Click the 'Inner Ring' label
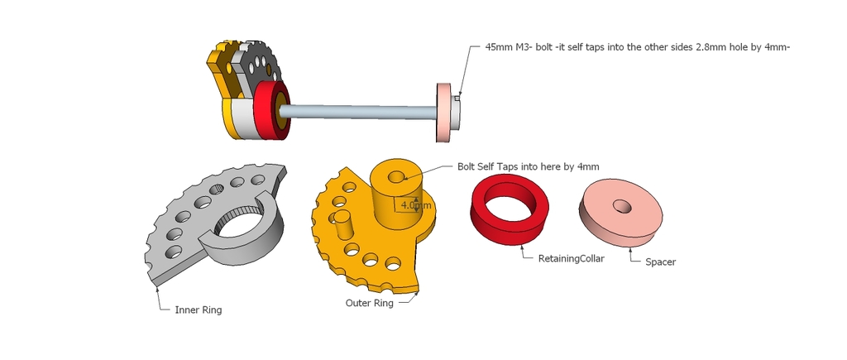[x=199, y=310]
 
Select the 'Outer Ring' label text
[x=369, y=303]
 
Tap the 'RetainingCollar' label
[x=571, y=258]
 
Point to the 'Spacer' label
[x=660, y=262]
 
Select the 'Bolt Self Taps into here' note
[x=528, y=166]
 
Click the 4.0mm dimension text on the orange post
[x=415, y=204]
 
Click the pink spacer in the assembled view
[x=444, y=113]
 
